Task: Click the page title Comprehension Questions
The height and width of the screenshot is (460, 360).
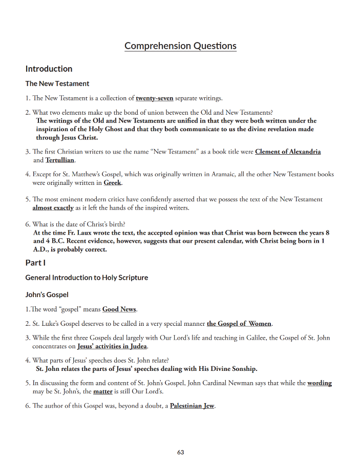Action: [180, 46]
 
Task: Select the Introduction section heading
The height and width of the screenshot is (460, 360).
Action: [49, 69]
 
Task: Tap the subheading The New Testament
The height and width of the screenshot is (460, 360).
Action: [57, 83]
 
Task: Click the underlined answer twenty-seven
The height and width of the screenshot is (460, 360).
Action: [154, 98]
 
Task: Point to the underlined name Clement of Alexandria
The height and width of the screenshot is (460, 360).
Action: [288, 152]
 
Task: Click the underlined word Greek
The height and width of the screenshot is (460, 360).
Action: [113, 183]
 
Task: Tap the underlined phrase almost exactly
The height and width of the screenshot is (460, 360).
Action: [53, 208]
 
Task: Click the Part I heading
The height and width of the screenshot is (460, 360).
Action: [35, 263]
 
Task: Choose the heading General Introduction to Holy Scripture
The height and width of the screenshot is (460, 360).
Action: [87, 278]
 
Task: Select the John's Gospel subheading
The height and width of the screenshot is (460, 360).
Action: [47, 295]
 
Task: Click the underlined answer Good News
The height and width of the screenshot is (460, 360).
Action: [120, 309]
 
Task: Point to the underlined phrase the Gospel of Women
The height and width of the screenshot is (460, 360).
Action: [239, 324]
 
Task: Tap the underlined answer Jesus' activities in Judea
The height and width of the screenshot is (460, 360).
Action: [112, 346]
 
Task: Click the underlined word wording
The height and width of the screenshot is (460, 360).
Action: [319, 383]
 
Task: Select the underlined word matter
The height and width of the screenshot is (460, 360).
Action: [102, 392]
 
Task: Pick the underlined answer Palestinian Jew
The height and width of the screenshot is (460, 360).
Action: [192, 406]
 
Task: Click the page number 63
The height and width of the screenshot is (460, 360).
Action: [180, 452]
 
